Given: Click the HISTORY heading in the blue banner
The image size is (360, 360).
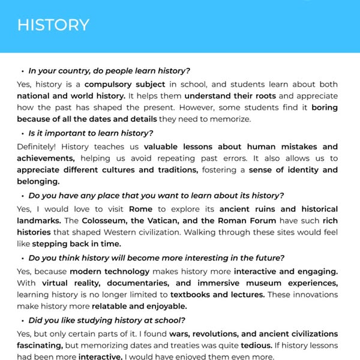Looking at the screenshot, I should (x=53, y=25).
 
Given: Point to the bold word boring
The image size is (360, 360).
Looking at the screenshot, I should (x=325, y=107).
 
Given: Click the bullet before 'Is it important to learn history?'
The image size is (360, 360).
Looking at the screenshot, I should (x=22, y=133).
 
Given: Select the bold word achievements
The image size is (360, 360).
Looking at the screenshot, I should (x=46, y=158).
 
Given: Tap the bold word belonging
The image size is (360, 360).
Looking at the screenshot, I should (x=38, y=181).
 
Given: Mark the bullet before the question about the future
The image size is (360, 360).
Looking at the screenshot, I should (x=22, y=259).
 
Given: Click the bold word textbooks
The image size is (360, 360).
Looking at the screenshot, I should (x=194, y=295).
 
